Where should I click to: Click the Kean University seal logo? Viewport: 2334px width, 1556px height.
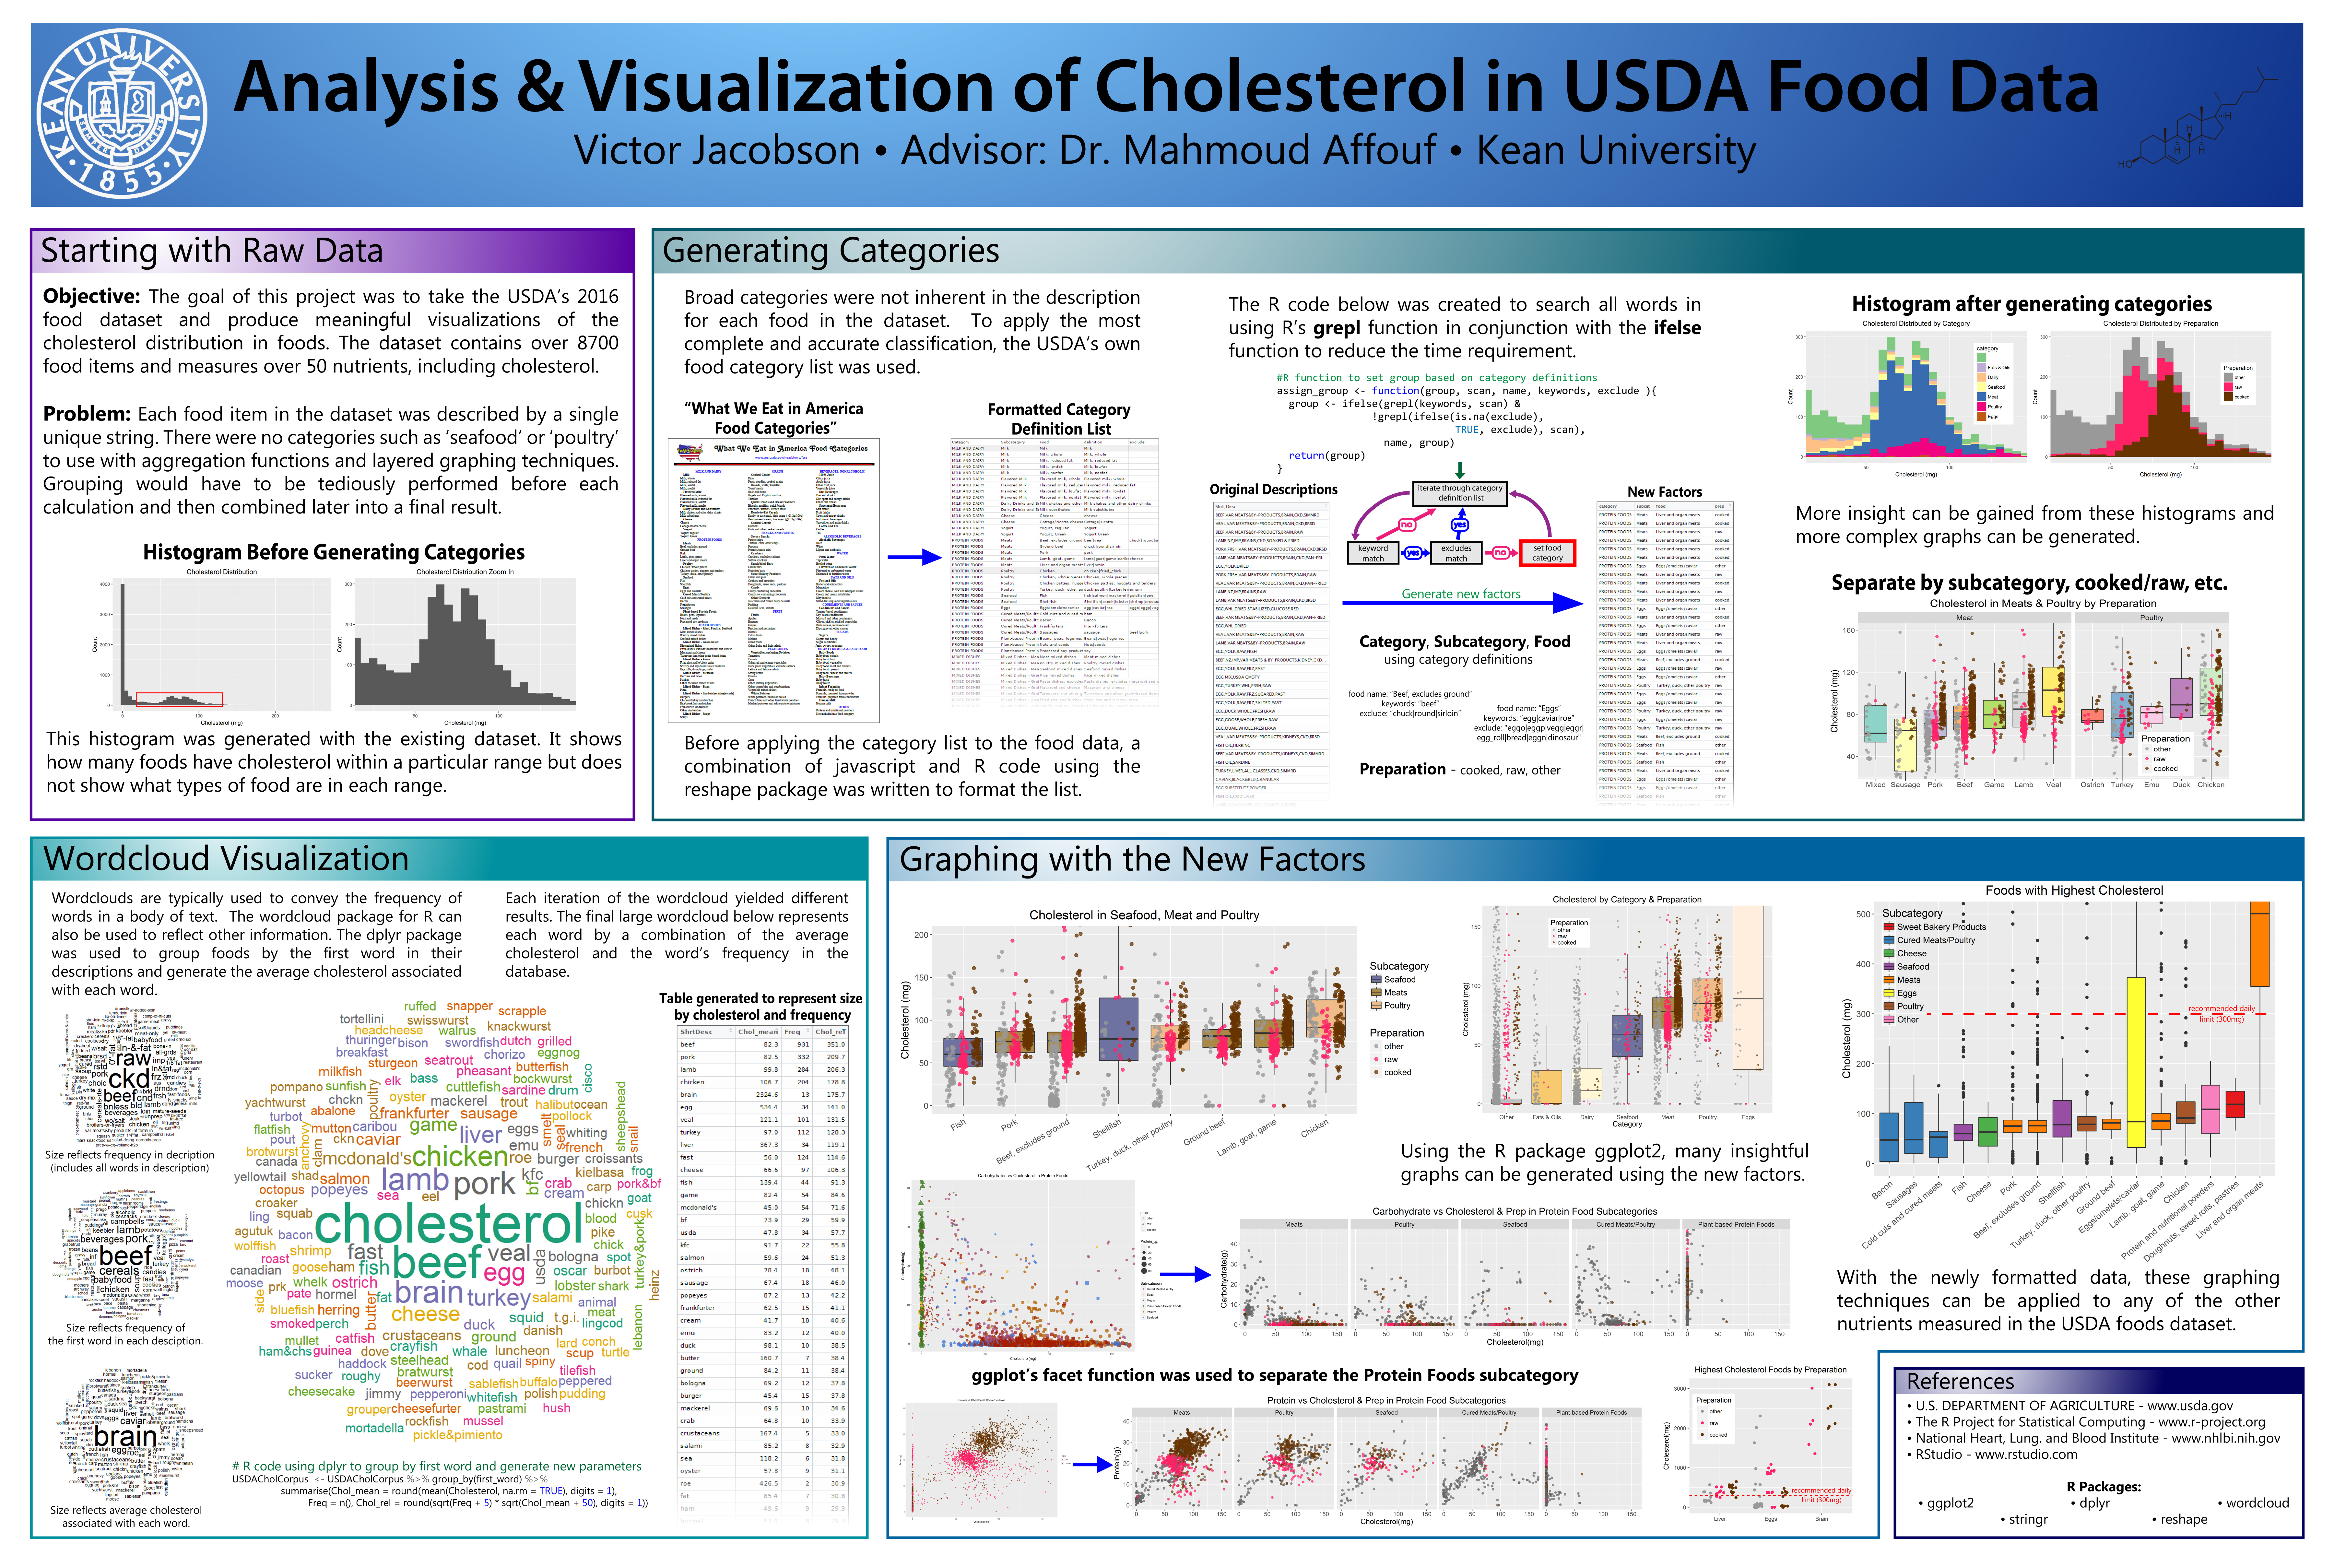click(x=121, y=112)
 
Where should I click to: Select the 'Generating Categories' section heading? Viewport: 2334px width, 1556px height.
click(x=831, y=251)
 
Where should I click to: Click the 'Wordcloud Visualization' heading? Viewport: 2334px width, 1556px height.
click(x=226, y=858)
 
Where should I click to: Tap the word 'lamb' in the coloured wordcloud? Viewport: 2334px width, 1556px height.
click(x=415, y=1180)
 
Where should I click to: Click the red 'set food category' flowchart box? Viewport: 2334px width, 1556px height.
click(x=1547, y=553)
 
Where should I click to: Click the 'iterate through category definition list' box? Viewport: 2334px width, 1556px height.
click(x=1460, y=493)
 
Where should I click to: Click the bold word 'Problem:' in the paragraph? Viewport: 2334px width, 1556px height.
click(x=86, y=414)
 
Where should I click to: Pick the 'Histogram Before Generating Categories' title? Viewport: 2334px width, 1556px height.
click(x=334, y=553)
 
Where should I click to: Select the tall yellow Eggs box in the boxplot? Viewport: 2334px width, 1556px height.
click(x=2136, y=1062)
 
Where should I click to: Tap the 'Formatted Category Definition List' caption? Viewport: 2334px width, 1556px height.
click(x=1059, y=419)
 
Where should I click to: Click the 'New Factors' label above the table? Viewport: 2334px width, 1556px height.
click(x=1664, y=492)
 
